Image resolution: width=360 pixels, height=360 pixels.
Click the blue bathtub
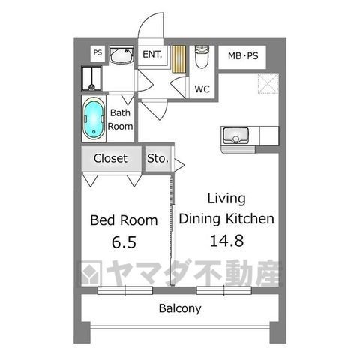(94, 118)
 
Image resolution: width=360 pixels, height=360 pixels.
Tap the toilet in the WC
(202, 57)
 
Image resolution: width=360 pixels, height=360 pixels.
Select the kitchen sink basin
(235, 135)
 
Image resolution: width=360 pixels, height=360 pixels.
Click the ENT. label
(152, 54)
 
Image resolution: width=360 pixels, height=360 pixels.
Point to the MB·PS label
(243, 55)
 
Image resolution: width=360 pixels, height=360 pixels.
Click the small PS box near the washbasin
(97, 52)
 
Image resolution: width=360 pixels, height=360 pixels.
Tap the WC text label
(202, 88)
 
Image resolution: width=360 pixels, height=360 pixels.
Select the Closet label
(110, 158)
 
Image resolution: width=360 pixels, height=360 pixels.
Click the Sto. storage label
(157, 158)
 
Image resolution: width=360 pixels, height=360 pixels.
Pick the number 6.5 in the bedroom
(124, 242)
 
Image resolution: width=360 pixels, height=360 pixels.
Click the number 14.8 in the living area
(226, 241)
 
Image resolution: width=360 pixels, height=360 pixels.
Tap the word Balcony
(180, 308)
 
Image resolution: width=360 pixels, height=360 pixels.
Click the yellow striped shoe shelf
(179, 59)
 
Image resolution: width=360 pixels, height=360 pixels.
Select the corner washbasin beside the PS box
(121, 55)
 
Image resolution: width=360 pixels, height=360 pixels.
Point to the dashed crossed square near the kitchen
(268, 83)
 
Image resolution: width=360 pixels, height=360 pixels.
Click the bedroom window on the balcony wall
(125, 290)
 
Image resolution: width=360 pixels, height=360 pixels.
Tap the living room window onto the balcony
(223, 290)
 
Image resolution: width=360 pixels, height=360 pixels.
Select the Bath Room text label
(120, 119)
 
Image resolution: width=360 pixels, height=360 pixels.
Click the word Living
(226, 199)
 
